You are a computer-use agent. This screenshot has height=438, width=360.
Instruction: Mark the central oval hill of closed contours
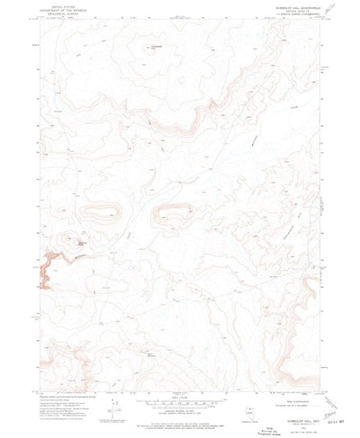pyautogui.click(x=171, y=213)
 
